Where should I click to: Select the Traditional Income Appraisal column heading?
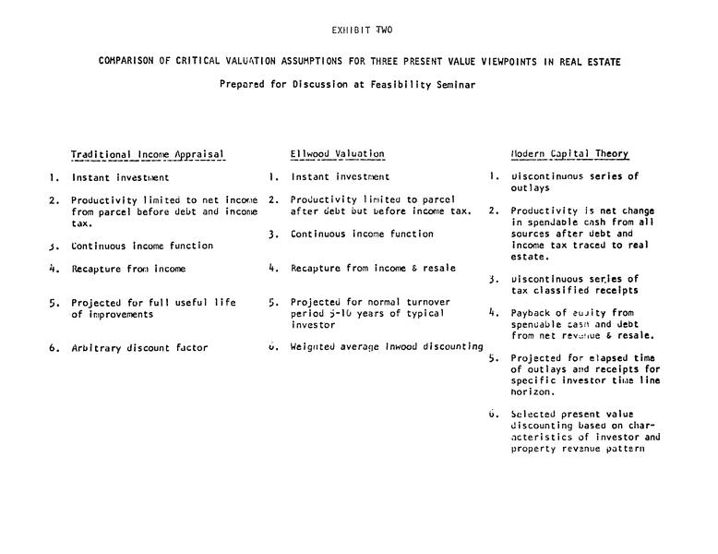click(x=148, y=154)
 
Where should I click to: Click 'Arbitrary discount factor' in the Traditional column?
click(x=140, y=348)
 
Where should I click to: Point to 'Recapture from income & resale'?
click(x=373, y=269)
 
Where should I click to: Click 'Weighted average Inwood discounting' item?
click(x=387, y=347)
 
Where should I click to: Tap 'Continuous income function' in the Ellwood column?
click(x=362, y=235)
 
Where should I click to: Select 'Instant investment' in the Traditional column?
click(x=121, y=177)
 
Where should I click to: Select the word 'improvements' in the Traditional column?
click(x=109, y=314)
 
